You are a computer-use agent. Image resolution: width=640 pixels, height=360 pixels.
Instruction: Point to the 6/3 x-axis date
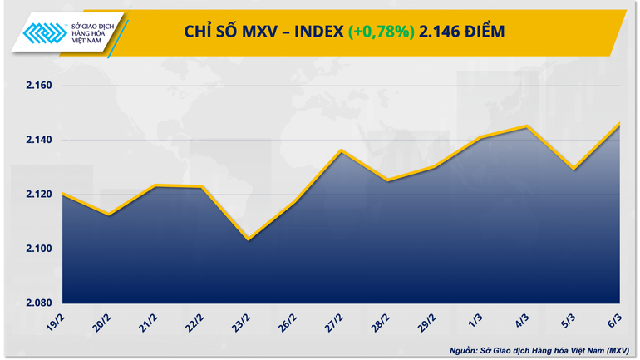point(620,320)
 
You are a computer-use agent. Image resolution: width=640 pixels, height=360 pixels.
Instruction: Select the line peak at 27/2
point(342,150)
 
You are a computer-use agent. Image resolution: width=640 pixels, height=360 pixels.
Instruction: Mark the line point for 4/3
point(526,126)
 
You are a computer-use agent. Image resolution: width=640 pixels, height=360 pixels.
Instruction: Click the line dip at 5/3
point(573,169)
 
